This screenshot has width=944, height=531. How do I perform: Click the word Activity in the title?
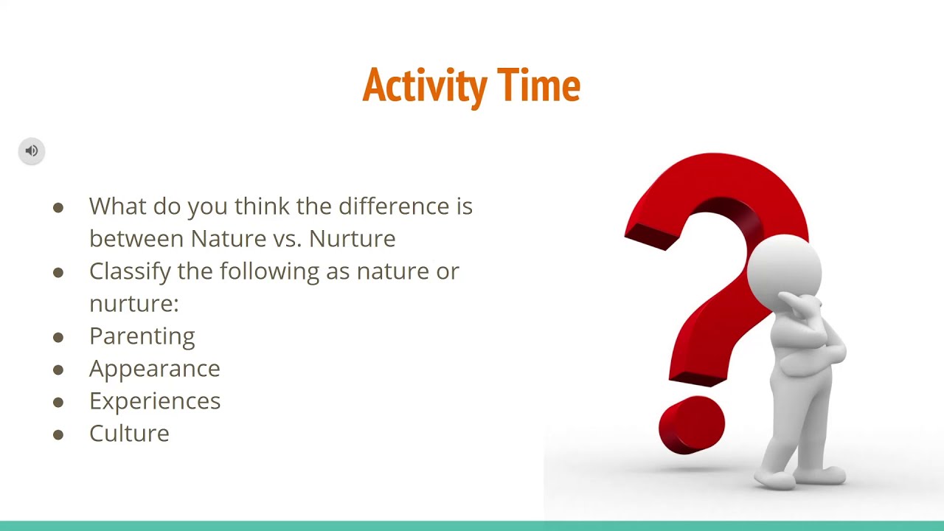click(425, 86)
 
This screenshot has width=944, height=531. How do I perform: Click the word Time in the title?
click(538, 86)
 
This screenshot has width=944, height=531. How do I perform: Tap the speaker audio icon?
click(32, 151)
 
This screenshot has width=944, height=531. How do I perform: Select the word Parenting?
click(142, 336)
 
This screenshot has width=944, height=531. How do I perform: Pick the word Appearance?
click(154, 369)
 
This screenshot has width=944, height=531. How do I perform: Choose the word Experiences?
click(154, 401)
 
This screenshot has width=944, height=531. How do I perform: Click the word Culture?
click(129, 434)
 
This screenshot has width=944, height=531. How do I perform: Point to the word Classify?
click(130, 271)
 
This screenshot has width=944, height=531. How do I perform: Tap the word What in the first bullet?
click(117, 206)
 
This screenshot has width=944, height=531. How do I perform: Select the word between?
click(136, 239)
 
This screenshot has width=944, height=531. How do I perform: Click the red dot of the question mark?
click(691, 425)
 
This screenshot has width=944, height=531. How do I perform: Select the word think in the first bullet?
click(263, 206)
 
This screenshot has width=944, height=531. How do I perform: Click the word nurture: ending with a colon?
click(133, 304)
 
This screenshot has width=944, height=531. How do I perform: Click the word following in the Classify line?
click(270, 271)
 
